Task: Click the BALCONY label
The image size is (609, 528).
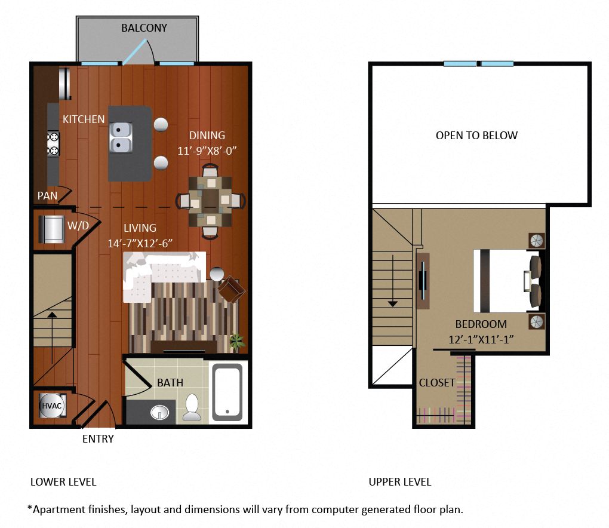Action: tap(144, 28)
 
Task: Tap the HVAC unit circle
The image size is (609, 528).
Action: tap(52, 406)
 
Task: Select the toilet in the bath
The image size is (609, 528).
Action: tap(192, 407)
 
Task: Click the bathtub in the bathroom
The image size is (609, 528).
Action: tap(227, 392)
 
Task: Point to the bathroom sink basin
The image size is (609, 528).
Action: tap(159, 412)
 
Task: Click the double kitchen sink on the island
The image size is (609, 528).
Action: tap(121, 137)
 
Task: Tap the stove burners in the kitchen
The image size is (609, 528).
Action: tap(53, 144)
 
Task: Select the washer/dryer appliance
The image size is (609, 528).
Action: tap(52, 229)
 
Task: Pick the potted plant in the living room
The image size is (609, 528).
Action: tap(237, 342)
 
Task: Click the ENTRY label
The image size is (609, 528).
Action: tap(98, 439)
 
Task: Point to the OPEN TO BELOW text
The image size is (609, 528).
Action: tap(476, 135)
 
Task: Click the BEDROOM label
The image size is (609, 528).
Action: tap(481, 324)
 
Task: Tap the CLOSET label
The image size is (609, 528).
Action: tap(437, 383)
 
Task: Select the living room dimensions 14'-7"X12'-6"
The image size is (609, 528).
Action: tap(140, 244)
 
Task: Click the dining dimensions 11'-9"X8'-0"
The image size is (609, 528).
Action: tap(207, 151)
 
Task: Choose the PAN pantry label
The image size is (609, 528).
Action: tap(47, 196)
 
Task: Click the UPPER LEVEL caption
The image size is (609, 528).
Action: tap(399, 482)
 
